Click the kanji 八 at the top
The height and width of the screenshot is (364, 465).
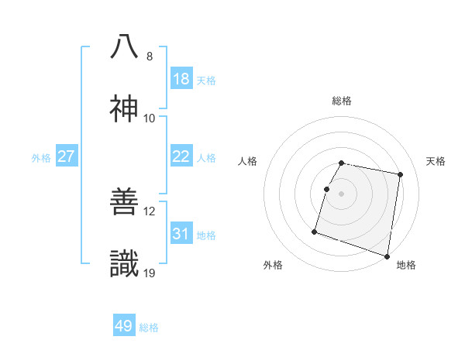125,47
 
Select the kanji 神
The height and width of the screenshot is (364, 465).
125,109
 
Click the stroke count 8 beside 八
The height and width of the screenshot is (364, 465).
150,57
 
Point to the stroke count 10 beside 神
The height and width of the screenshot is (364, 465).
150,118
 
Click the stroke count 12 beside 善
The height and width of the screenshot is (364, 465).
150,211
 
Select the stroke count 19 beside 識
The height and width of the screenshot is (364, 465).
150,273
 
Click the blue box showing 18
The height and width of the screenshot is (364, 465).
181,79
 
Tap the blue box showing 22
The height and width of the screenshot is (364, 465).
181,156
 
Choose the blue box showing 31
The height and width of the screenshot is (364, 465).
181,234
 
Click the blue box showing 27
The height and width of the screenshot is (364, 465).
67,156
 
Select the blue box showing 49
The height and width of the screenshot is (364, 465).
124,326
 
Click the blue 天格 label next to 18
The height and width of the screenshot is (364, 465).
206,81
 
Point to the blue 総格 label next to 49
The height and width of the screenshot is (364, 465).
149,328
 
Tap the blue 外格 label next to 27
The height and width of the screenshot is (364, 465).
41,158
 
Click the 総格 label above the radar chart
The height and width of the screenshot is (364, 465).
342,101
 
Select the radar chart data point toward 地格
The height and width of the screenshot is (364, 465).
387,256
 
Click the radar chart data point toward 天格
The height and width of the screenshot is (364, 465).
400,175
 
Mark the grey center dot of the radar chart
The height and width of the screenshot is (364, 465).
342,194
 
